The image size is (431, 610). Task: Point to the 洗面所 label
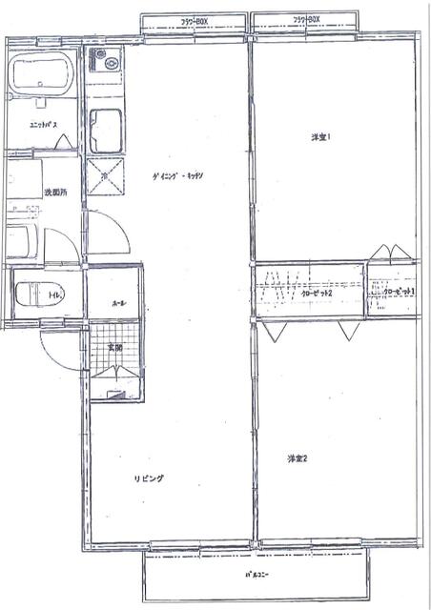[x=55, y=193]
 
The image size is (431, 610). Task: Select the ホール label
[x=118, y=302]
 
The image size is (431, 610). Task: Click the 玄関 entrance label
[x=113, y=347]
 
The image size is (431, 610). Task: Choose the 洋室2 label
[x=298, y=459]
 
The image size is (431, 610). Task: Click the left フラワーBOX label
[x=195, y=19]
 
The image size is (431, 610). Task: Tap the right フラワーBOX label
[x=307, y=19]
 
